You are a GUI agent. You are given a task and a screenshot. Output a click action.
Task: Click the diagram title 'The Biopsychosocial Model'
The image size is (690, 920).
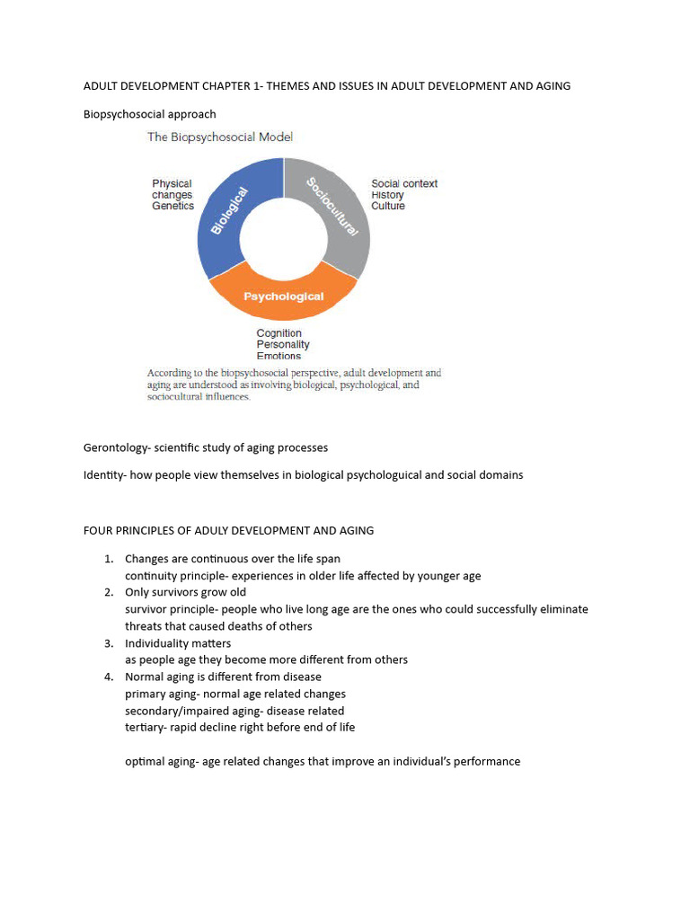point(220,137)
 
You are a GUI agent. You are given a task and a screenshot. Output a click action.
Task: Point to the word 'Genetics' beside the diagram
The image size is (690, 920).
point(172,206)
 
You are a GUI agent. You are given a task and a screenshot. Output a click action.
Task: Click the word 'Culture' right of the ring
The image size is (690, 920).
point(388,206)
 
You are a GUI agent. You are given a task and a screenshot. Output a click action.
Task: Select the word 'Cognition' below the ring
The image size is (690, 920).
point(279,333)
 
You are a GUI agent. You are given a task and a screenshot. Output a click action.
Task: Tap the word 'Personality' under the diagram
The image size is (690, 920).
point(282,345)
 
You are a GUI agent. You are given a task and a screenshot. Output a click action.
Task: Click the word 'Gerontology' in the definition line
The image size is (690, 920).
point(118,447)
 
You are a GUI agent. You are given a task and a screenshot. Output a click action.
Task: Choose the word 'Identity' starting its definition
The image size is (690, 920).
point(102,474)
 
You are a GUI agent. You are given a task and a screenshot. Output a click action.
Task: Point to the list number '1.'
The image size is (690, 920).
point(108,559)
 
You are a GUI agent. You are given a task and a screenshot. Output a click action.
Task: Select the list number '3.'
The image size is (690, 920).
point(108,643)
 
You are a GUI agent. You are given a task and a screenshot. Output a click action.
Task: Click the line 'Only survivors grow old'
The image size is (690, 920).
point(185,593)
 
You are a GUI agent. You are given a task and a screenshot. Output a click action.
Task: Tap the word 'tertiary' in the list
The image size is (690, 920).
point(146,727)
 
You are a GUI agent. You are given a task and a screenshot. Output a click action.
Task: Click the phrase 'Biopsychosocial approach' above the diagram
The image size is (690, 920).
point(149,114)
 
